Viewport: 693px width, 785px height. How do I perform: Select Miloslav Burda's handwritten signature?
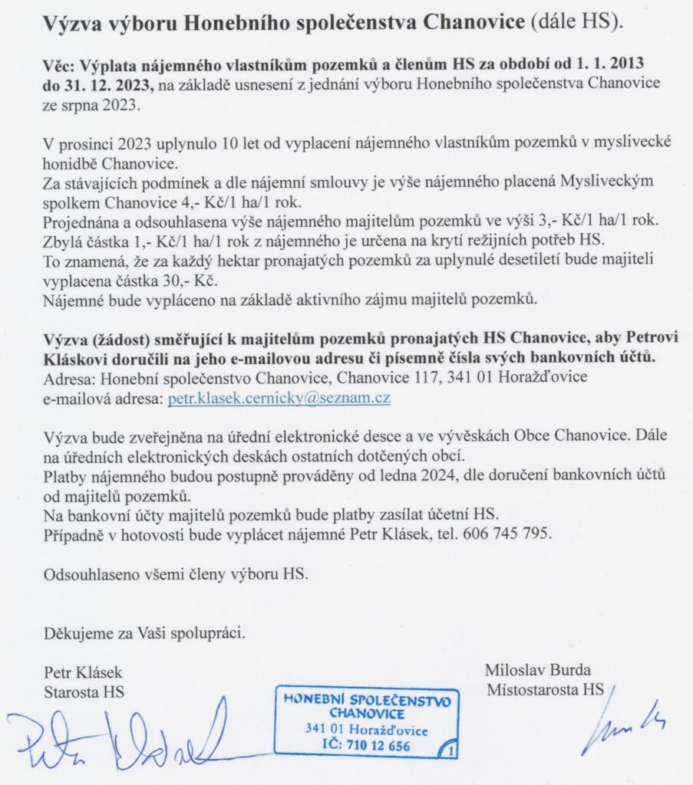click(x=622, y=725)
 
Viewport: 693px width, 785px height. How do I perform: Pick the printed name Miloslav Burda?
click(x=538, y=669)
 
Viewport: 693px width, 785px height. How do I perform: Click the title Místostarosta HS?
click(x=546, y=688)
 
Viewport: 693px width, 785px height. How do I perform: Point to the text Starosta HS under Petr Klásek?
click(x=84, y=691)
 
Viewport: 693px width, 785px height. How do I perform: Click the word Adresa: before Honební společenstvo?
click(x=71, y=379)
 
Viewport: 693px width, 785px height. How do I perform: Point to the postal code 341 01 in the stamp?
click(x=325, y=729)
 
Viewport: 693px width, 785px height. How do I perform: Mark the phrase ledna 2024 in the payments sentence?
click(x=388, y=477)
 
